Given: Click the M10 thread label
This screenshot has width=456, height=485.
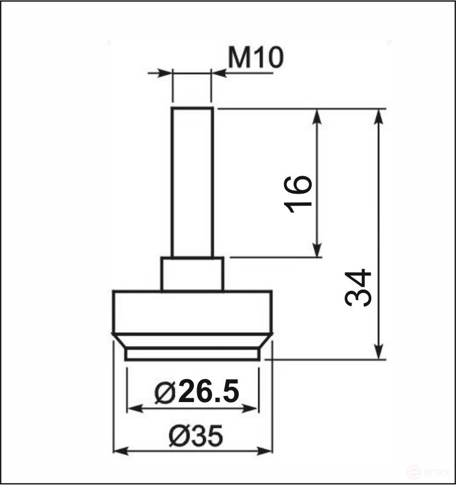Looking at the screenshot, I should coord(256,58).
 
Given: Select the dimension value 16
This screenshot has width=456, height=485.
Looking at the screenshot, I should coord(299,194).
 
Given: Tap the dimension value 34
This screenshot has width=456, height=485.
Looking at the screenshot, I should coord(358,288).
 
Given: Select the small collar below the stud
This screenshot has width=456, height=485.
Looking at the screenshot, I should coord(192,274).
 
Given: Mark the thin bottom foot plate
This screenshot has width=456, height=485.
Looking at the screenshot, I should coord(192,355).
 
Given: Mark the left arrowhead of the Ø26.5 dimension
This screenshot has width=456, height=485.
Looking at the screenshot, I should coord(134,408).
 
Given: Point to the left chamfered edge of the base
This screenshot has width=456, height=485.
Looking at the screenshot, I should coord(119,342).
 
